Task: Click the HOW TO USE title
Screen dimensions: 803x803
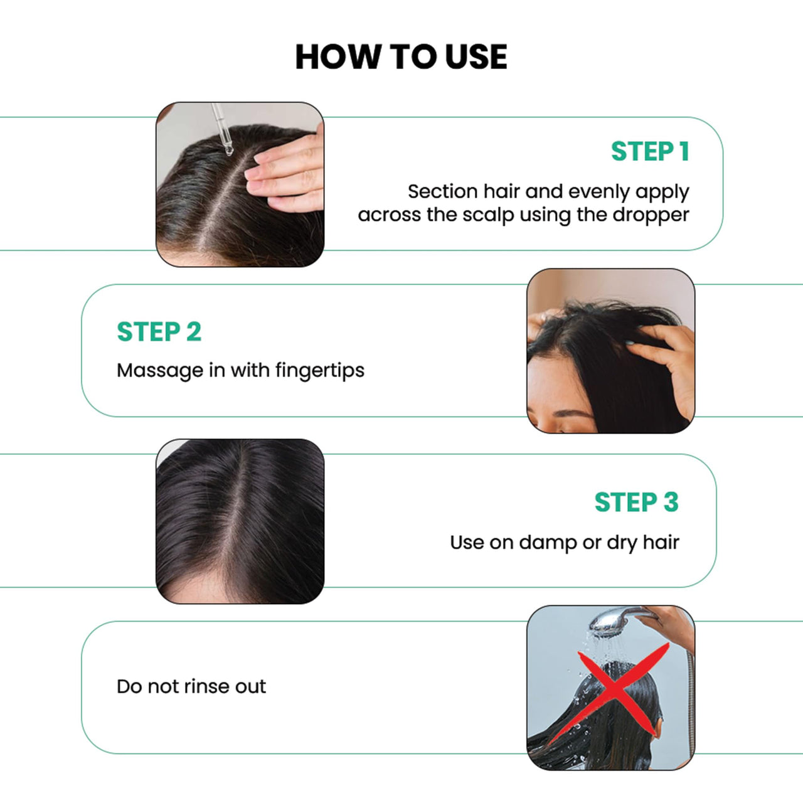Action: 401,57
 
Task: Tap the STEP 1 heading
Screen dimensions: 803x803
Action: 650,152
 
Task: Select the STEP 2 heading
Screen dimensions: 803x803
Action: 159,332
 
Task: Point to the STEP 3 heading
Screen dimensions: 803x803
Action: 636,503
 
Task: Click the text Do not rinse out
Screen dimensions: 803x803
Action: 191,686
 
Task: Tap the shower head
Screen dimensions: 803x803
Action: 611,623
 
